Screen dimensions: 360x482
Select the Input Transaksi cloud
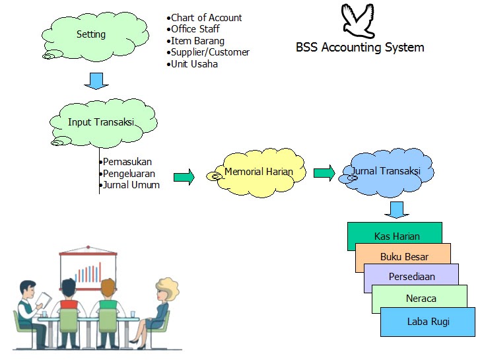click(x=102, y=122)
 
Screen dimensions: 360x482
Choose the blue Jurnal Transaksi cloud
click(x=386, y=172)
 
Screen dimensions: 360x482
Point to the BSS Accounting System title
click(x=360, y=48)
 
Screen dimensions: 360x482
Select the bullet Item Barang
click(x=197, y=41)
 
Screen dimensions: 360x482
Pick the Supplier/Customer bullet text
click(x=209, y=52)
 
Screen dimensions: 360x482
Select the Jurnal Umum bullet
click(x=130, y=185)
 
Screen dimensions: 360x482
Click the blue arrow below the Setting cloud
click(x=96, y=81)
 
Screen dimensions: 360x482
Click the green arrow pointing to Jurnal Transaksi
click(x=324, y=173)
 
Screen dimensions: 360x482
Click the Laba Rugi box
click(x=428, y=322)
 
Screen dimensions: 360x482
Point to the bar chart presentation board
click(x=88, y=271)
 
